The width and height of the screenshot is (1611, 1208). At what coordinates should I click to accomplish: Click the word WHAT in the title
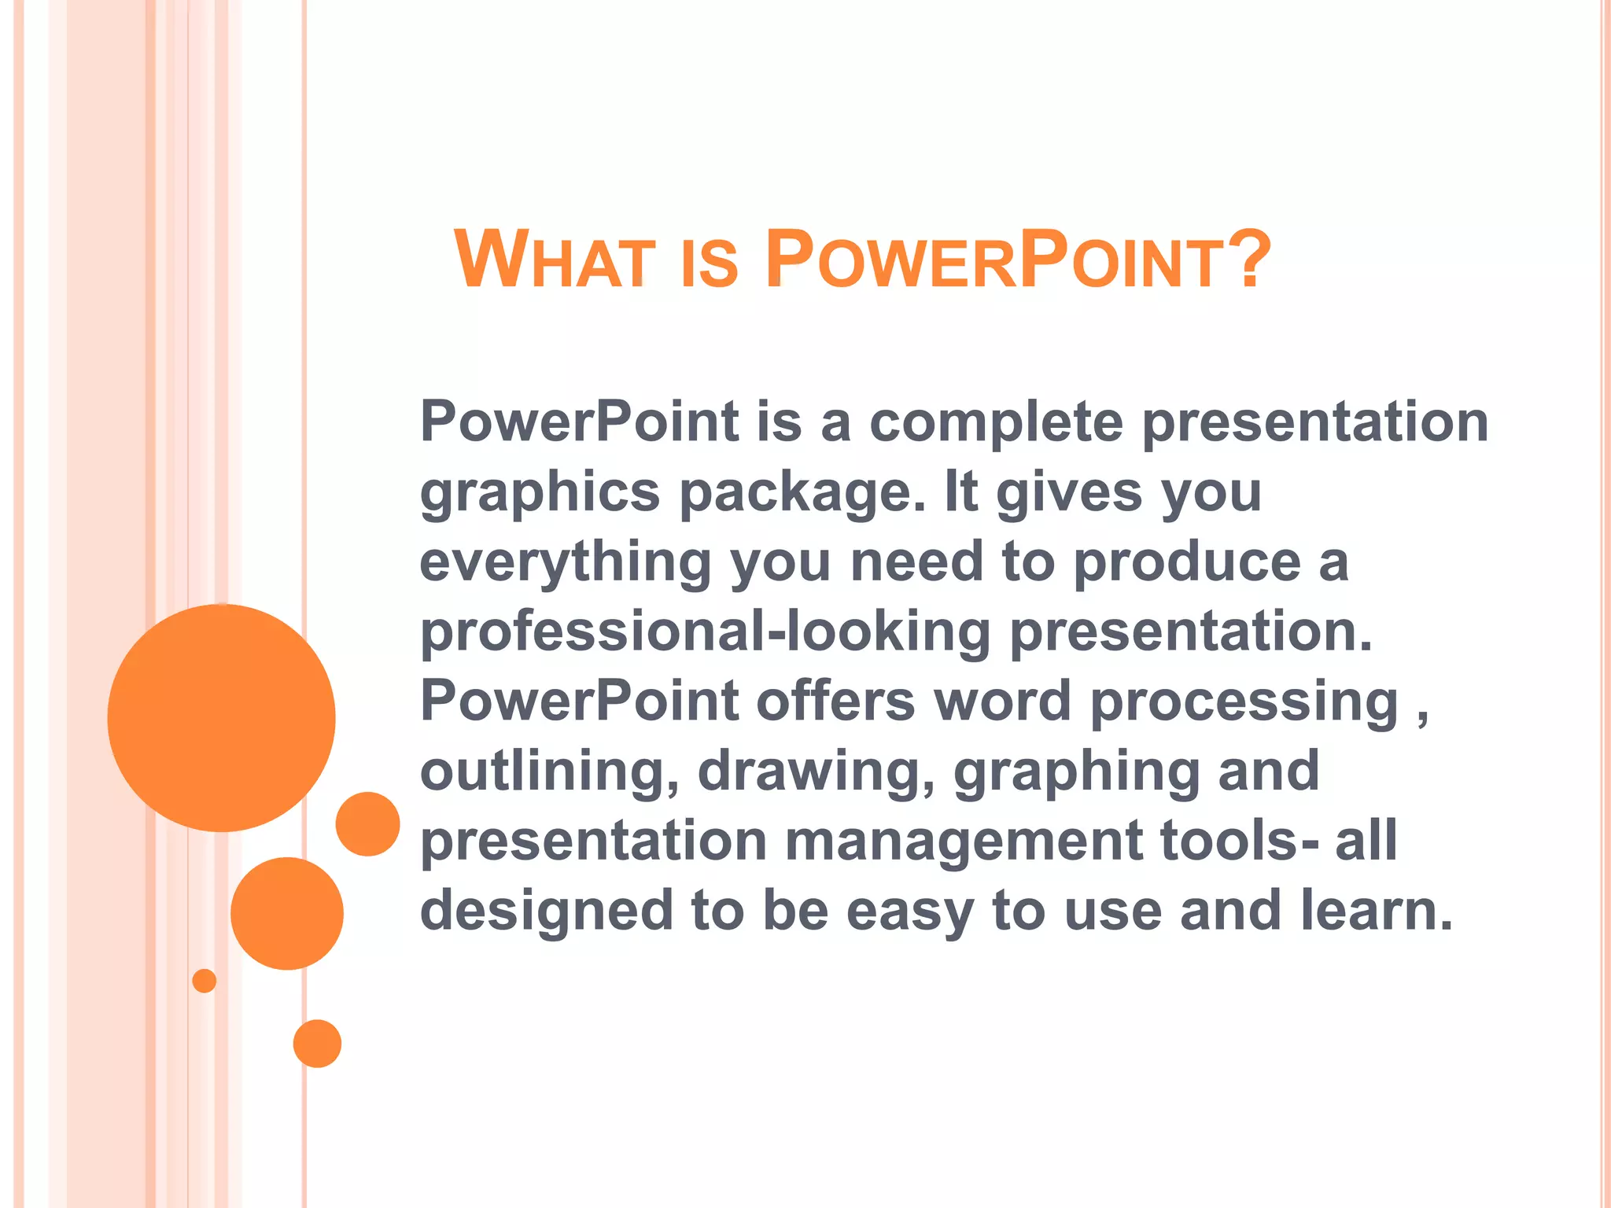[555, 261]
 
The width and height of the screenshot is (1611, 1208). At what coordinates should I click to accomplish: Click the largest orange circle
[221, 717]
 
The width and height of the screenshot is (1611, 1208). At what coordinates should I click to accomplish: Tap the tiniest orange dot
[204, 981]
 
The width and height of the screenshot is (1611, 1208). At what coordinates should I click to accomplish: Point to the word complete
[996, 422]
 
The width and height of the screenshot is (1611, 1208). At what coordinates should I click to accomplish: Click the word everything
[566, 564]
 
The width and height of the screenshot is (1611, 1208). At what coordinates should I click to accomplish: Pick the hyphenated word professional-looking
[705, 633]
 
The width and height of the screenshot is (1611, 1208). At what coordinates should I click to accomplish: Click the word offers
[835, 702]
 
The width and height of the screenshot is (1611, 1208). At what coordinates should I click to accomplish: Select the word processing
[1244, 703]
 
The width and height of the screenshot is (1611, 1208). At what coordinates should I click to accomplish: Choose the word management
[962, 842]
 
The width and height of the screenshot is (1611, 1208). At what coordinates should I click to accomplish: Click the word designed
[546, 912]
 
